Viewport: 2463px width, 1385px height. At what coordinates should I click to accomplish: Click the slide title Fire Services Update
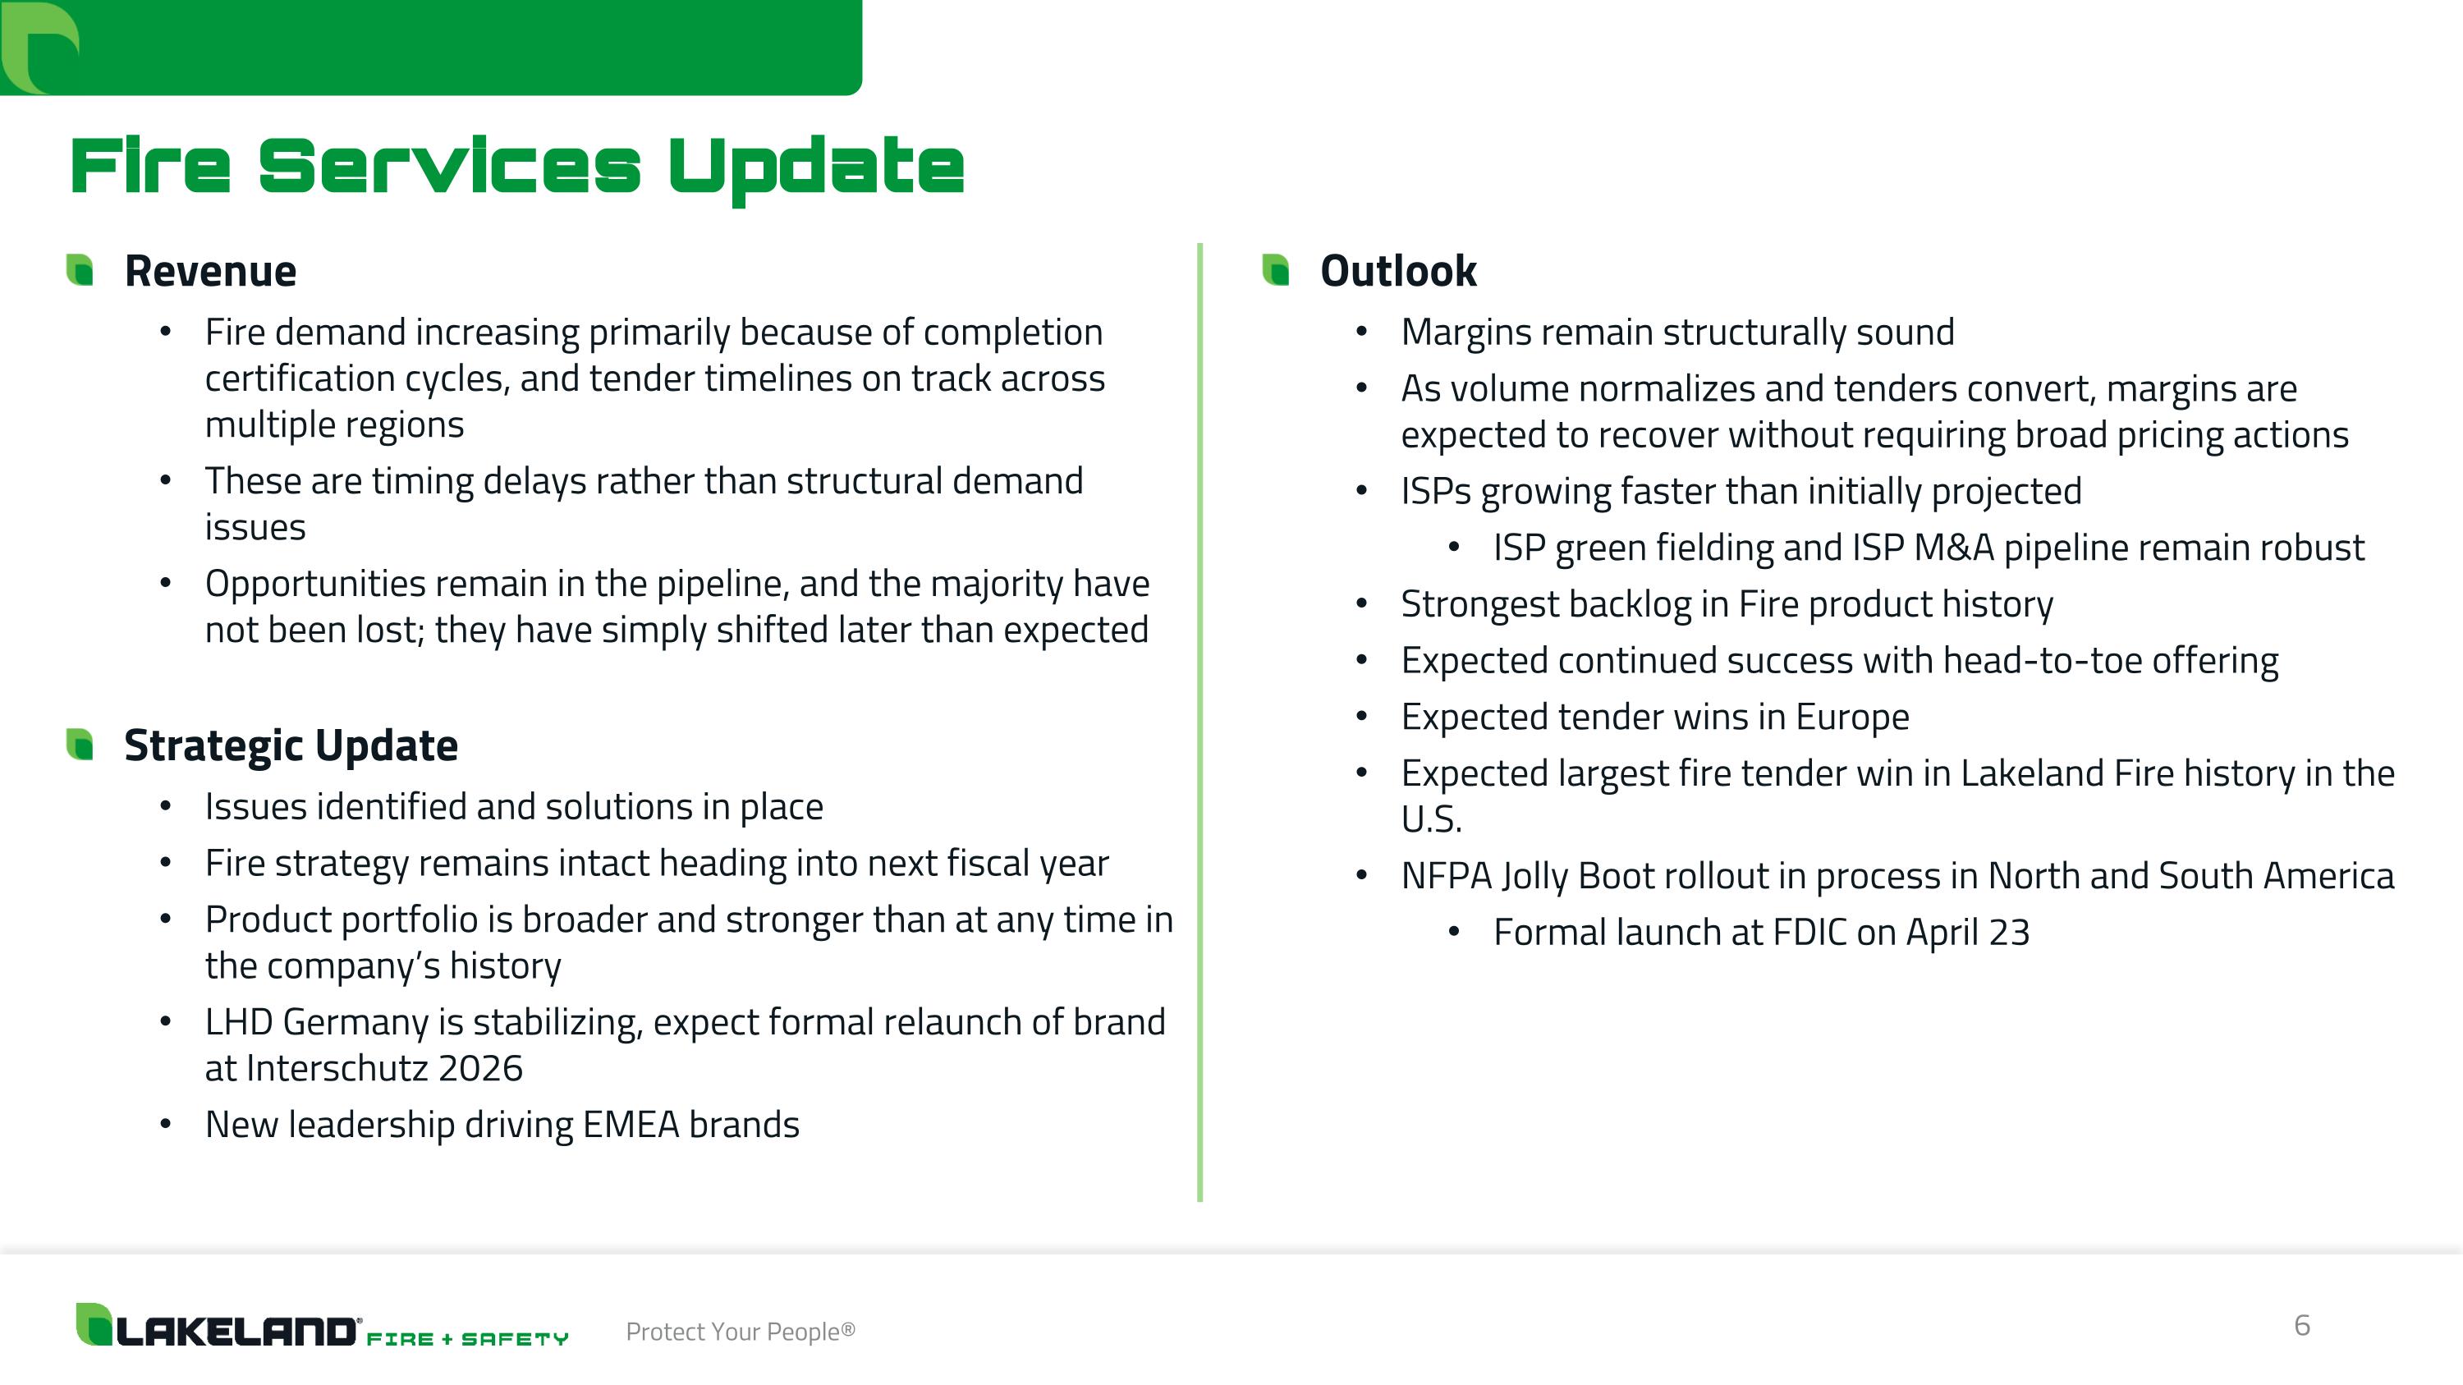pyautogui.click(x=516, y=167)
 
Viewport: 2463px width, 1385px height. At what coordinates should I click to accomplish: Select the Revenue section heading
pyautogui.click(x=210, y=272)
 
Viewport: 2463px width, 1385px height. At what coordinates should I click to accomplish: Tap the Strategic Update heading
pyautogui.click(x=291, y=745)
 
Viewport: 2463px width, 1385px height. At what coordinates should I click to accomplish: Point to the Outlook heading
pyautogui.click(x=1398, y=272)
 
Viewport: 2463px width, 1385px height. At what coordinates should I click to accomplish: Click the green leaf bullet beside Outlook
pyautogui.click(x=1276, y=269)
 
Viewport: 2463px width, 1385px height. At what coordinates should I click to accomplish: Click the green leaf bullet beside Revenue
pyautogui.click(x=80, y=269)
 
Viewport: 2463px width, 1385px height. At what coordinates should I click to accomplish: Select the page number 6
pyautogui.click(x=2301, y=1325)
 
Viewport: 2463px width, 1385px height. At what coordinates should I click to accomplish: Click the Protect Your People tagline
pyautogui.click(x=740, y=1332)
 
